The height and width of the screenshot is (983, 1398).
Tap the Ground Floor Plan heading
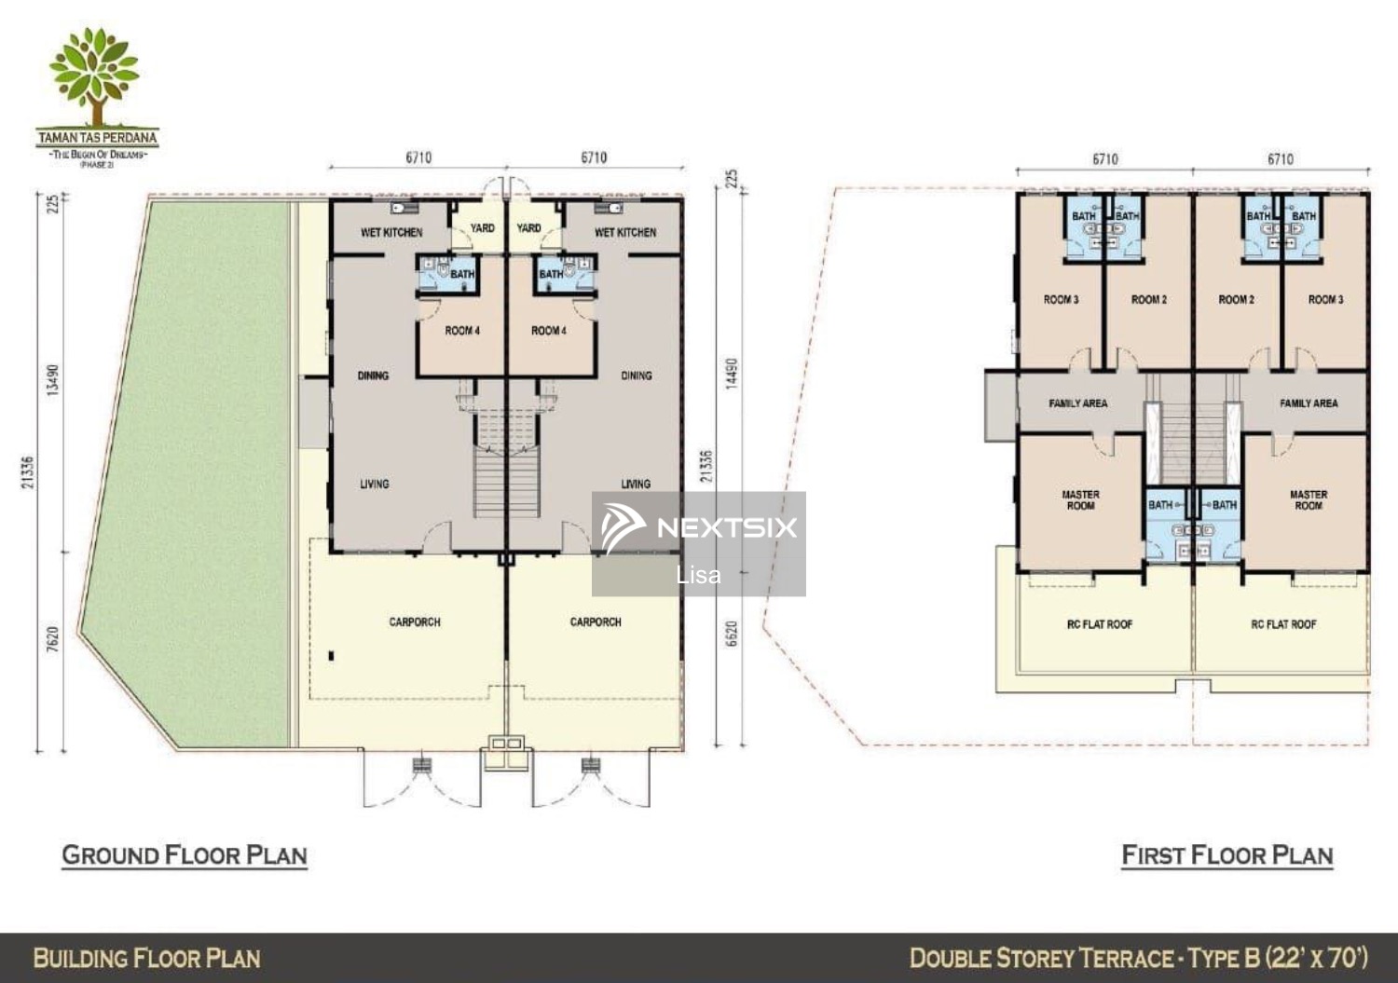[185, 855]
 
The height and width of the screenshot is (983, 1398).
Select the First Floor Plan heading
[1227, 855]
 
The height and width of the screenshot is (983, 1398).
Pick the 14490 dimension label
[732, 374]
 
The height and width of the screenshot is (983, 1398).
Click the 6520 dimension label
[732, 634]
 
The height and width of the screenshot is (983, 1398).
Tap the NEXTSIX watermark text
[727, 528]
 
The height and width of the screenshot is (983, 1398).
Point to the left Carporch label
[415, 622]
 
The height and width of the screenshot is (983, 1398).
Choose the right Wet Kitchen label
[625, 232]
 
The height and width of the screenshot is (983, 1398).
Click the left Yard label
[483, 228]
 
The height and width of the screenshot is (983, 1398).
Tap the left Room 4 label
[462, 331]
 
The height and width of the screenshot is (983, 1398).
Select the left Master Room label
[1081, 500]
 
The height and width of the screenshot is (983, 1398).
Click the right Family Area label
[1309, 403]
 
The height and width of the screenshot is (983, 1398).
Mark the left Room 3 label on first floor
[1061, 300]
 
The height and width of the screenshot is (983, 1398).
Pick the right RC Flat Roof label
[1283, 624]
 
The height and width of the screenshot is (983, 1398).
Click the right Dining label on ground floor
[637, 375]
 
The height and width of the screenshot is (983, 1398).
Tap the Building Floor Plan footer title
[146, 959]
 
